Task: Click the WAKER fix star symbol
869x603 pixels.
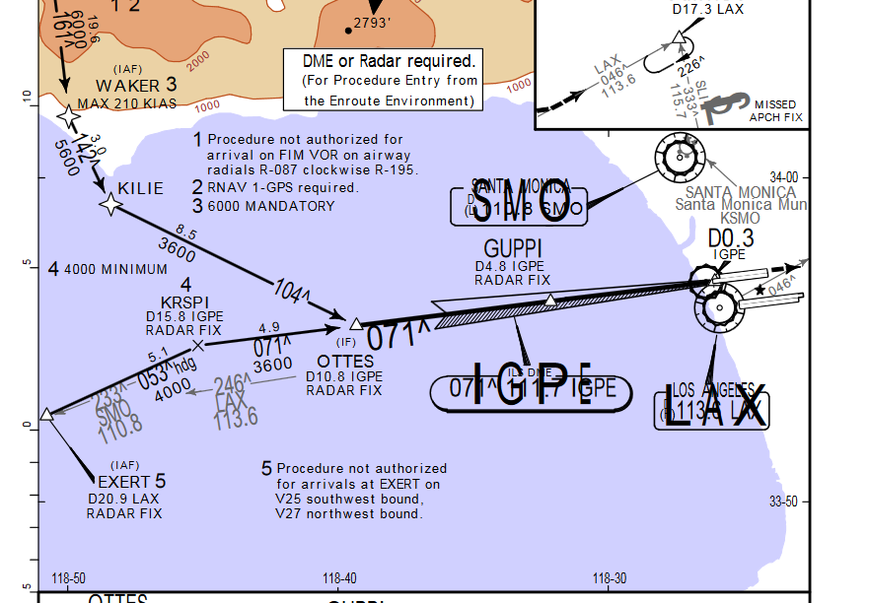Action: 68,117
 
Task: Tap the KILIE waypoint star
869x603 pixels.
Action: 109,204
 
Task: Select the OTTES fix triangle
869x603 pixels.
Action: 355,323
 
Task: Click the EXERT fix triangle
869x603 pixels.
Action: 45,414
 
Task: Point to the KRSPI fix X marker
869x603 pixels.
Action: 197,345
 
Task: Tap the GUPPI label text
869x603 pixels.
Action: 513,249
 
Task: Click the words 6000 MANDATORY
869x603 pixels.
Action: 271,206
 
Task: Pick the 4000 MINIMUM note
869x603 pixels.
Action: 115,269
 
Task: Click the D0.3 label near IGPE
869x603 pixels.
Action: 731,238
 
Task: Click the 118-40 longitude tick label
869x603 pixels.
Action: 339,578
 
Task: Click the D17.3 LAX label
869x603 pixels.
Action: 707,9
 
